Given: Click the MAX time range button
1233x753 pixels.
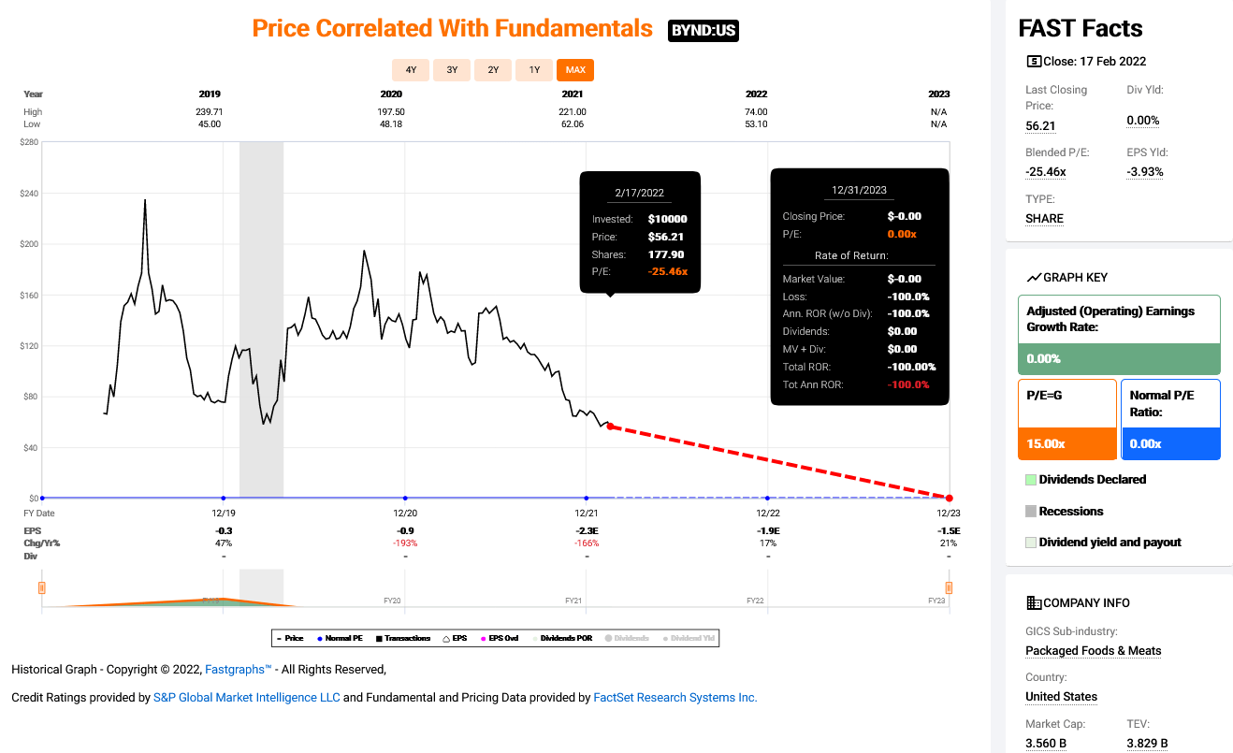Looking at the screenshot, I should click(574, 70).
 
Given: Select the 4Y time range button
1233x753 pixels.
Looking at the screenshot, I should click(411, 70).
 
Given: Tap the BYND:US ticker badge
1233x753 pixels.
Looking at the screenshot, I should click(704, 31).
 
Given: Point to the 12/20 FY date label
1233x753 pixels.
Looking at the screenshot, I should click(405, 514).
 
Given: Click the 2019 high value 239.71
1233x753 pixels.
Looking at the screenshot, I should click(210, 112).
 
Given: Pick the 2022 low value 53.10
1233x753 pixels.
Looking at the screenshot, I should click(755, 124).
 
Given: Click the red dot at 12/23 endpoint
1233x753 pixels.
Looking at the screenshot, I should click(950, 499).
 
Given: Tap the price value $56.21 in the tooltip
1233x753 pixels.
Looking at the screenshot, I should click(668, 237).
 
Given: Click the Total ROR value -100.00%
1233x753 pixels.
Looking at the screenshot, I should click(911, 367).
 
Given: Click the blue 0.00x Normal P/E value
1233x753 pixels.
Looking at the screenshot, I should click(1145, 443).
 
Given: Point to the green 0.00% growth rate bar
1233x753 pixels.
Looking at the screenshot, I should click(1118, 359).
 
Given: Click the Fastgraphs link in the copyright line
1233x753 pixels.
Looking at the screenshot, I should click(238, 670).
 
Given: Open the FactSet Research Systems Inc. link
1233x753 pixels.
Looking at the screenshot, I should click(675, 698).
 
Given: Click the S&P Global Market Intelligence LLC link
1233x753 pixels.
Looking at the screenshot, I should click(246, 698).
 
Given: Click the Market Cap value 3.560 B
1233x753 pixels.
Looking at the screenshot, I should click(1046, 744).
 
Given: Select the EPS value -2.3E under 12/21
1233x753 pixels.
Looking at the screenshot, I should click(587, 531).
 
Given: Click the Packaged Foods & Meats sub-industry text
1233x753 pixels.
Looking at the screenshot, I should click(1093, 651).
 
